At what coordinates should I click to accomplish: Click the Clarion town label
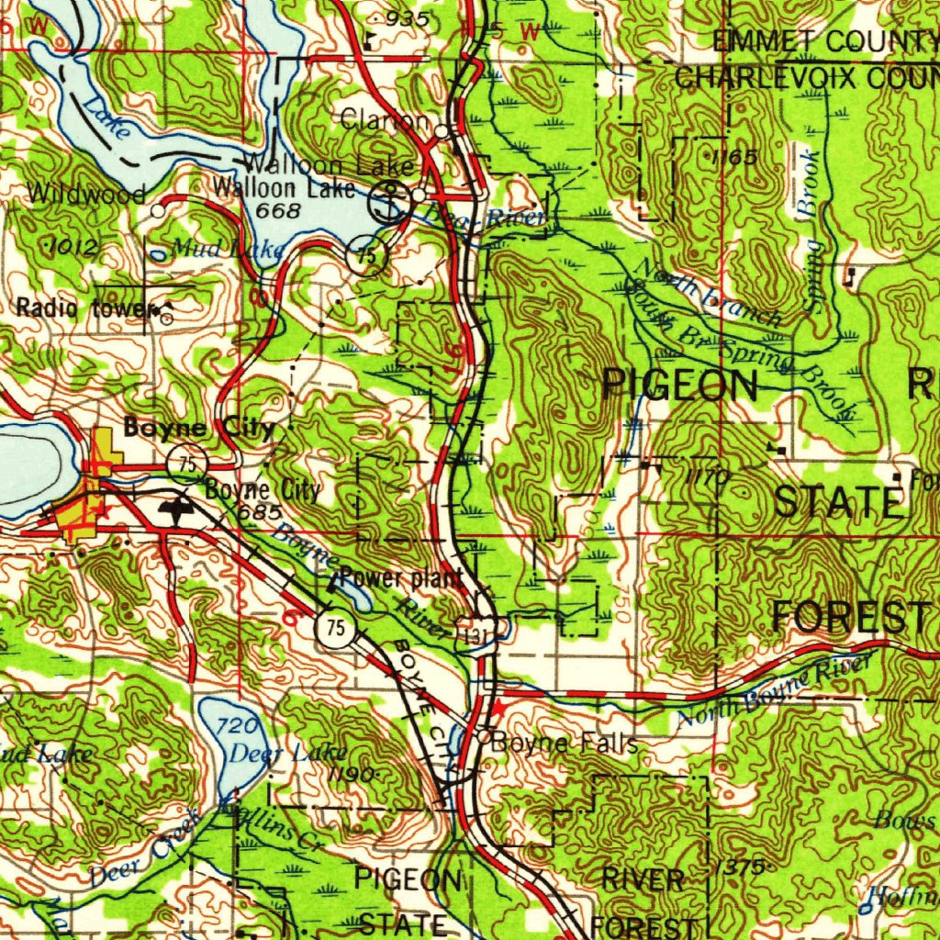coord(385,120)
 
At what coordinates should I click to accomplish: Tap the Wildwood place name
coord(86,194)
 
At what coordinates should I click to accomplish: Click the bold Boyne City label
coord(198,428)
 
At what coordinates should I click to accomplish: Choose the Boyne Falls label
coord(565,743)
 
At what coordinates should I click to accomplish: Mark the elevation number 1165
coord(734,158)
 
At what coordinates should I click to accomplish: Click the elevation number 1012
coord(70,245)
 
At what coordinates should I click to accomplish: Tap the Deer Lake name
coord(276,754)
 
